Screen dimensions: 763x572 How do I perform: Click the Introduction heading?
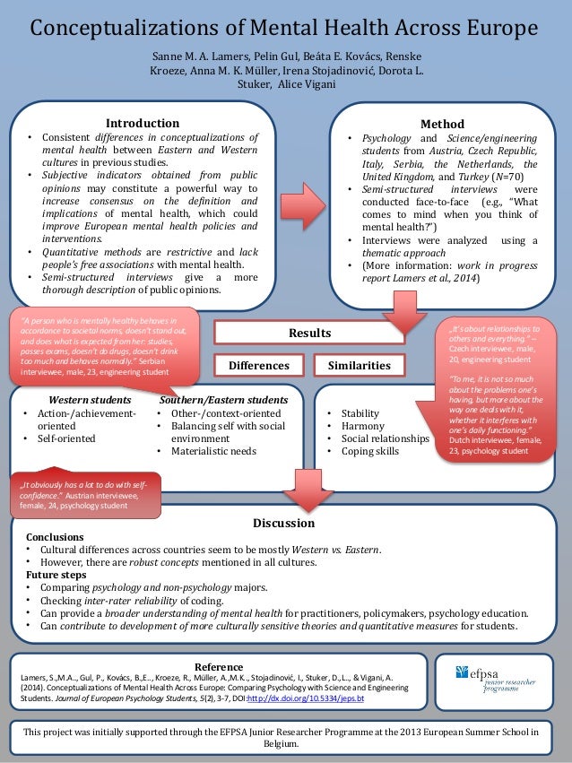click(x=143, y=123)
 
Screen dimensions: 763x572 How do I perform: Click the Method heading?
click(x=442, y=124)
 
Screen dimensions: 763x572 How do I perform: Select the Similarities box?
click(x=359, y=366)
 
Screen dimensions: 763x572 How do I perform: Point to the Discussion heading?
click(x=284, y=523)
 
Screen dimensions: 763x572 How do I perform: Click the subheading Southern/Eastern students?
click(x=223, y=399)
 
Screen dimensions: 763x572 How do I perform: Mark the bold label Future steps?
click(x=56, y=575)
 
